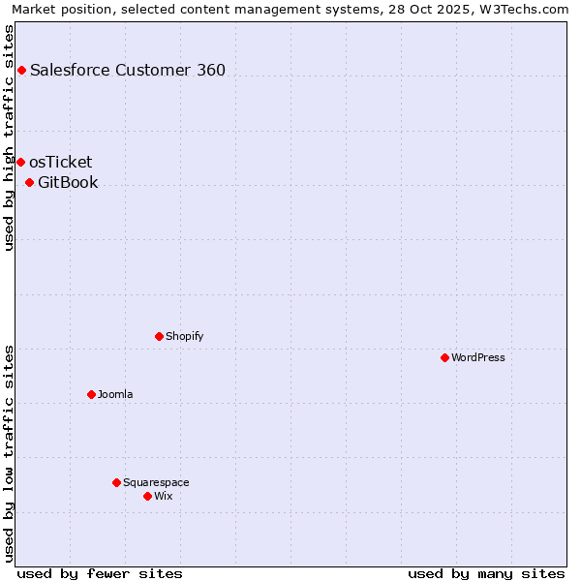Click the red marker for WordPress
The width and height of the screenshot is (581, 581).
click(444, 357)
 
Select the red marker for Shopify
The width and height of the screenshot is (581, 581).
click(159, 336)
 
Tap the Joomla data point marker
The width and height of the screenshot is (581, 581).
click(91, 394)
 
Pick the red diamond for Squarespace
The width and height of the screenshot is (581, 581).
click(116, 482)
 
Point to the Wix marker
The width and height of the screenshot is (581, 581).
click(147, 496)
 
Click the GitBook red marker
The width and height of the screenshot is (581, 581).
click(29, 182)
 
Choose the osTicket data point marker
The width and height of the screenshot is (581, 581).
click(20, 162)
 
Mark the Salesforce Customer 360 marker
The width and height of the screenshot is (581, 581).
click(21, 70)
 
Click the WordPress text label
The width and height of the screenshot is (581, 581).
click(478, 357)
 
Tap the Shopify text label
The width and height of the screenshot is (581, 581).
click(185, 336)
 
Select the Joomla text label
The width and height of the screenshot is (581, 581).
click(115, 394)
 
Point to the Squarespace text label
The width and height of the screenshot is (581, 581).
click(156, 482)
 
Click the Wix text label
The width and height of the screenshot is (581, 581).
click(164, 496)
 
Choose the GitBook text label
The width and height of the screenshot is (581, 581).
click(68, 182)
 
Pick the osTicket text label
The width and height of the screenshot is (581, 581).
click(61, 162)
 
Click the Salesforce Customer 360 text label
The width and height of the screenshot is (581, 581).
click(128, 70)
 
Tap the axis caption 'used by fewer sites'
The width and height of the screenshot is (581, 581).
click(100, 573)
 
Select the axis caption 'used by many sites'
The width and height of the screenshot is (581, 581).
click(486, 573)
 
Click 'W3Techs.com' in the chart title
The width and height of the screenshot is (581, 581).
click(526, 10)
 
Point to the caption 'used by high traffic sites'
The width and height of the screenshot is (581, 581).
click(10, 138)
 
